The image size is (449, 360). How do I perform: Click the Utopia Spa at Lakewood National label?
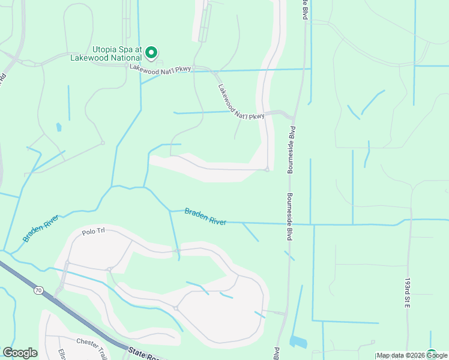click(x=116, y=53)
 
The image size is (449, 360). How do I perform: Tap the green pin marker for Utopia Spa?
click(x=152, y=53)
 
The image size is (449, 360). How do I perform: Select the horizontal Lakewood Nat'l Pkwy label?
click(x=160, y=69)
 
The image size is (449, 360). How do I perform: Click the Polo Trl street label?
click(x=93, y=232)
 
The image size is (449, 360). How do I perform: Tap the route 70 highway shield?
click(x=38, y=290)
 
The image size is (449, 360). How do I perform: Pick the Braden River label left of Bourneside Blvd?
click(x=205, y=217)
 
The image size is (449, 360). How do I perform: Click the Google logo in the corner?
click(x=20, y=353)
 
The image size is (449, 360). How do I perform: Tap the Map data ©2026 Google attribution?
click(x=412, y=356)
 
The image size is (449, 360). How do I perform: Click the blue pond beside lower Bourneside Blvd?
click(x=298, y=342)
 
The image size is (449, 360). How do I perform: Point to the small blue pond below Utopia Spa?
click(x=58, y=127)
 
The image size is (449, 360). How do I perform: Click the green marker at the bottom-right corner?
click(x=431, y=354)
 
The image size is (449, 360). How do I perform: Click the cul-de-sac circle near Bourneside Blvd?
click(x=267, y=170)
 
